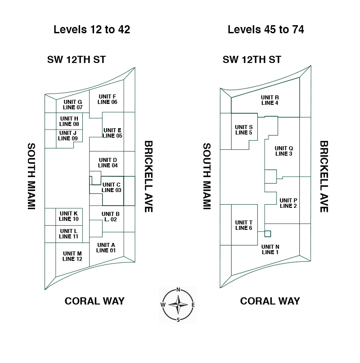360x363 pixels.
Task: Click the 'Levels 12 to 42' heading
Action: [x=92, y=30]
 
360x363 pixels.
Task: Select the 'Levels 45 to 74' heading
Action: [x=266, y=30]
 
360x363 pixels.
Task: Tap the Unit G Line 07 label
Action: [x=72, y=104]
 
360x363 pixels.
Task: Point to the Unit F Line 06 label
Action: [x=108, y=99]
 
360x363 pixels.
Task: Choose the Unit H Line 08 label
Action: [x=69, y=121]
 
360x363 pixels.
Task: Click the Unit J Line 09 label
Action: [x=68, y=135]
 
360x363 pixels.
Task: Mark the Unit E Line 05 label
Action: [x=112, y=133]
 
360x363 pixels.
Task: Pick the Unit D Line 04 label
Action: [x=108, y=162]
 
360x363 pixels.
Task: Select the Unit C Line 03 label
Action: [x=111, y=187]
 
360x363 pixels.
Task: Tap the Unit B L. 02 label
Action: [x=110, y=216]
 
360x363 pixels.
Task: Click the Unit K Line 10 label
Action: [x=68, y=216]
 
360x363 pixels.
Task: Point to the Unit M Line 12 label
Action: [x=72, y=256]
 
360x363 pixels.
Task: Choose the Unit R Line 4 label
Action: [x=270, y=100]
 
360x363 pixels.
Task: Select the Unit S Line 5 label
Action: [x=243, y=130]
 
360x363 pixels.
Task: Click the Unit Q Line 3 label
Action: [x=284, y=151]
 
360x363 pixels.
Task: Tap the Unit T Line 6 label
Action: [x=244, y=225]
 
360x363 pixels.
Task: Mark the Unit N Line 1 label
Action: [x=270, y=249]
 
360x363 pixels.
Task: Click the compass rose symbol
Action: [x=178, y=305]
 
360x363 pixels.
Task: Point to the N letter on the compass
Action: [x=178, y=290]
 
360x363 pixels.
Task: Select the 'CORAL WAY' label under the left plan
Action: [x=94, y=301]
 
